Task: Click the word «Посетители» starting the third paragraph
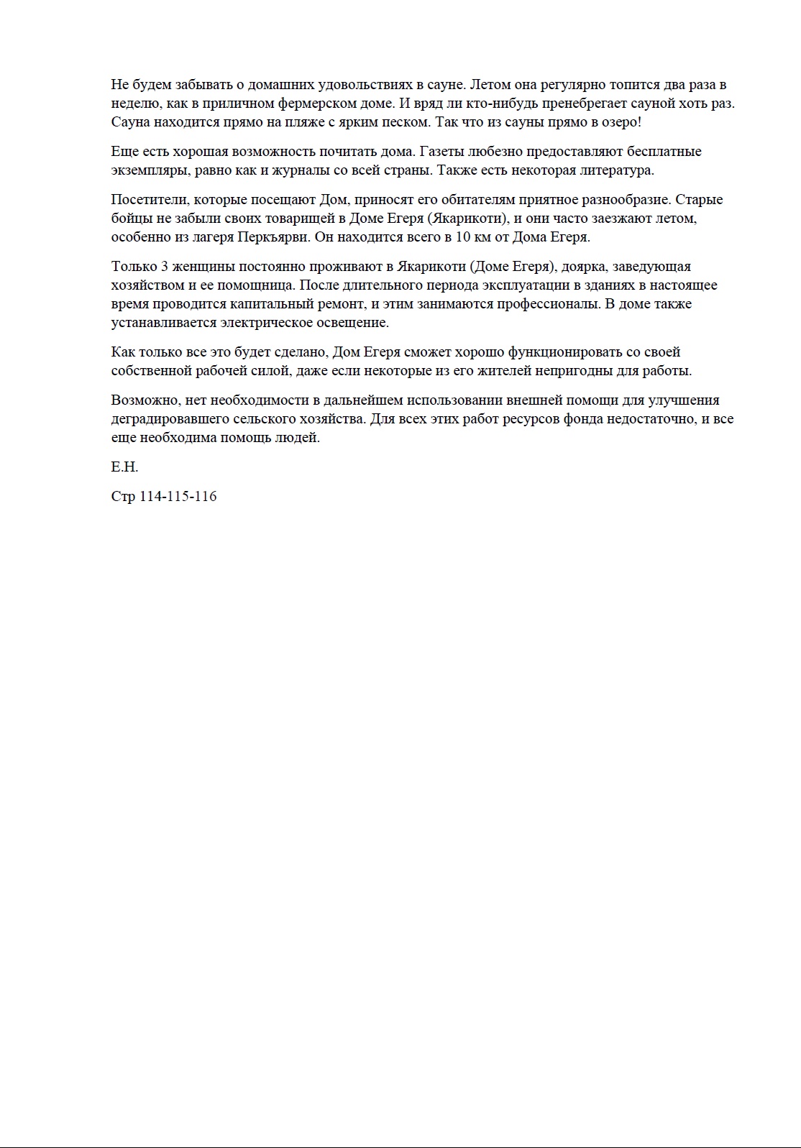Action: pyautogui.click(x=149, y=200)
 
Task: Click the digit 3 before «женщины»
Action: pyautogui.click(x=164, y=267)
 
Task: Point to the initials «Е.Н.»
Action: pyautogui.click(x=124, y=467)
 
